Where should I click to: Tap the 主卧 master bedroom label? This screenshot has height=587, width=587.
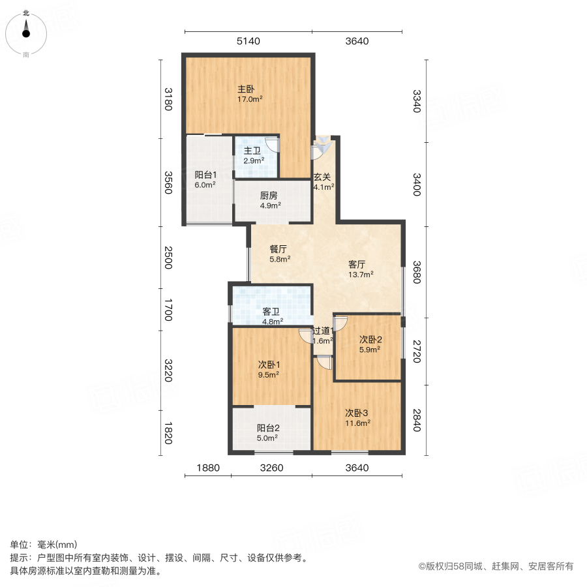pyautogui.click(x=246, y=89)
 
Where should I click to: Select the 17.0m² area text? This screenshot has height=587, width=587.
pyautogui.click(x=250, y=100)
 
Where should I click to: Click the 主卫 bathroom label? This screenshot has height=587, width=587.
pyautogui.click(x=252, y=151)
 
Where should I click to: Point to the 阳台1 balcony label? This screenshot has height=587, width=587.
pyautogui.click(x=205, y=175)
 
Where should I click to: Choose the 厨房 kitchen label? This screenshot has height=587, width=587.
pyautogui.click(x=270, y=195)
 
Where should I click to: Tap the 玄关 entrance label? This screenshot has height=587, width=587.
pyautogui.click(x=322, y=176)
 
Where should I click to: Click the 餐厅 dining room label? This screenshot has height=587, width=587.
pyautogui.click(x=279, y=248)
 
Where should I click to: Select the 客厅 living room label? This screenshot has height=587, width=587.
pyautogui.click(x=357, y=264)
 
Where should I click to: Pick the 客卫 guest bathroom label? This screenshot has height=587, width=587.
pyautogui.click(x=271, y=311)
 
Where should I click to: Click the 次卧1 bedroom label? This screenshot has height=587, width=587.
pyautogui.click(x=268, y=364)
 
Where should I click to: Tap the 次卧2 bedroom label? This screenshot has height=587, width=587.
pyautogui.click(x=370, y=339)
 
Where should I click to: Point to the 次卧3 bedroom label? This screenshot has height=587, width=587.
pyautogui.click(x=357, y=412)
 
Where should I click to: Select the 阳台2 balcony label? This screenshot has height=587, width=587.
pyautogui.click(x=268, y=429)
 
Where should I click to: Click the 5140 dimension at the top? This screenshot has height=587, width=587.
pyautogui.click(x=248, y=41)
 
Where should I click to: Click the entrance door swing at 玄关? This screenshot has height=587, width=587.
pyautogui.click(x=321, y=149)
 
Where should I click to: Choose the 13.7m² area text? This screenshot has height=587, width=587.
pyautogui.click(x=361, y=275)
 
